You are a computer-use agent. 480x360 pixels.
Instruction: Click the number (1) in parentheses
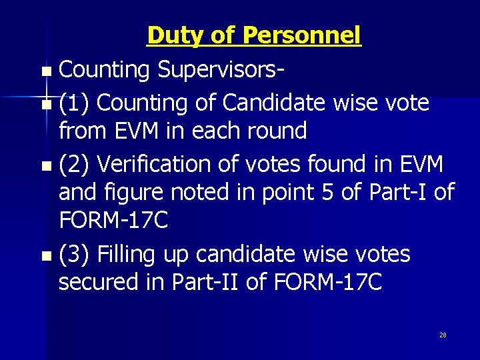pyautogui.click(x=75, y=103)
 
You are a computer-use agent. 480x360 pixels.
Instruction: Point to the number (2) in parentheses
pyautogui.click(x=75, y=163)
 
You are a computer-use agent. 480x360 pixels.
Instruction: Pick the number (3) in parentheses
pyautogui.click(x=75, y=254)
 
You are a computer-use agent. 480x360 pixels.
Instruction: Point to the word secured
pyautogui.click(x=99, y=283)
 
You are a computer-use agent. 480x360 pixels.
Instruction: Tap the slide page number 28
pyautogui.click(x=443, y=335)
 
